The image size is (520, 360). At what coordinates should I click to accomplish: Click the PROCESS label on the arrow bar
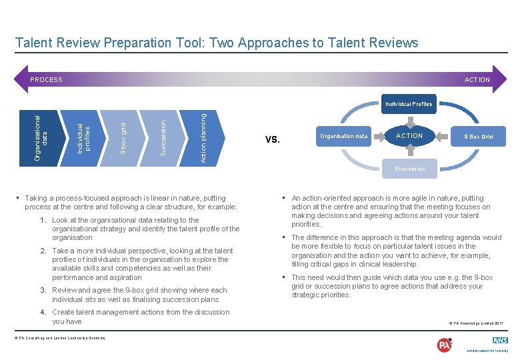[x=46, y=80]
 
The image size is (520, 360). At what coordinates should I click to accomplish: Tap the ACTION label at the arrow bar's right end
[x=477, y=80]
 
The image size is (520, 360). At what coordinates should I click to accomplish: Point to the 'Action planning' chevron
[x=203, y=137]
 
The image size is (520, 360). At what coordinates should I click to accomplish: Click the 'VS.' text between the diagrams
[x=272, y=140]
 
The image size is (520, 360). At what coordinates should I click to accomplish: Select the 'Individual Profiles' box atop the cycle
[x=408, y=104]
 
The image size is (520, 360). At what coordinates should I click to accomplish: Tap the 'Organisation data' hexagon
[x=343, y=136]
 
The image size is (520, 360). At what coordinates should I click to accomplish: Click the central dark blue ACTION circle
[x=409, y=136]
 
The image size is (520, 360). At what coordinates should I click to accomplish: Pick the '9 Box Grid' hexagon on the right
[x=478, y=137]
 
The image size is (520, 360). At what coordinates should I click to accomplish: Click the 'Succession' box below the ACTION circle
[x=409, y=169]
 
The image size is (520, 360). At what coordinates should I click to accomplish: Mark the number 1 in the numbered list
[x=43, y=220]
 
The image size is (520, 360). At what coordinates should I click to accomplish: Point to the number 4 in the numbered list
[x=43, y=312]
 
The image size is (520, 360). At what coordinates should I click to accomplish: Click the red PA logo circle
[x=444, y=345]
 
